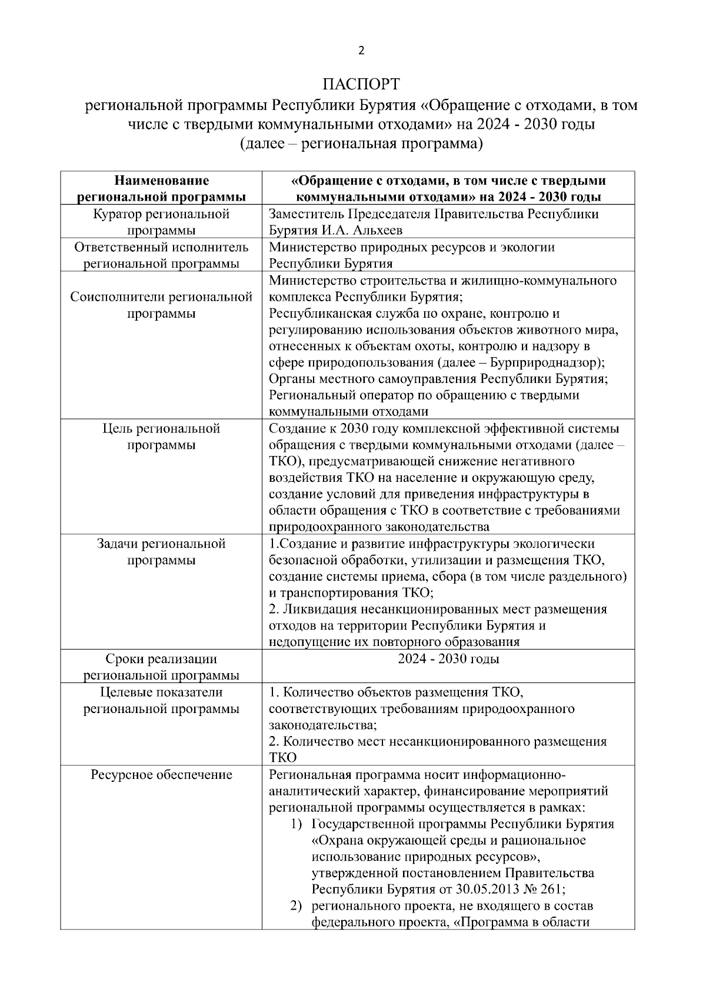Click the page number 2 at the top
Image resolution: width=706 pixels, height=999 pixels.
(361, 51)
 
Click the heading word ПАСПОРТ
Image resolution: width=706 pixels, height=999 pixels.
(361, 83)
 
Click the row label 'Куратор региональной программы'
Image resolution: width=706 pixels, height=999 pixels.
(161, 222)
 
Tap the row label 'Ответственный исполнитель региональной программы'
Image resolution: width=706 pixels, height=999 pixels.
(161, 255)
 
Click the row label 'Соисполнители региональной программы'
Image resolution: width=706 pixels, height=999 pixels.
(161, 305)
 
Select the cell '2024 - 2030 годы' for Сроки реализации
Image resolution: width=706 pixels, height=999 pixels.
(448, 659)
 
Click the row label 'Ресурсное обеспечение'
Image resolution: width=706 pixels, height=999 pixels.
(161, 775)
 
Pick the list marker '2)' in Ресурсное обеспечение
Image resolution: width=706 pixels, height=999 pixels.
(298, 905)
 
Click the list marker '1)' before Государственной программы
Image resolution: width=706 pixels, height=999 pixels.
(298, 824)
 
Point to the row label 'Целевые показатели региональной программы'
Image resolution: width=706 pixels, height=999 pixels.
(161, 700)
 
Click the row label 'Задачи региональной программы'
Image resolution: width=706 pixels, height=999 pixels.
(161, 552)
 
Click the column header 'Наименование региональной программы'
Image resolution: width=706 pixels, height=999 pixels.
(161, 188)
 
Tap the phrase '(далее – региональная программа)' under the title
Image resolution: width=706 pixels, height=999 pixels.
(361, 143)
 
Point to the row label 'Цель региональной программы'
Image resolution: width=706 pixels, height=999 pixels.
(161, 437)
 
